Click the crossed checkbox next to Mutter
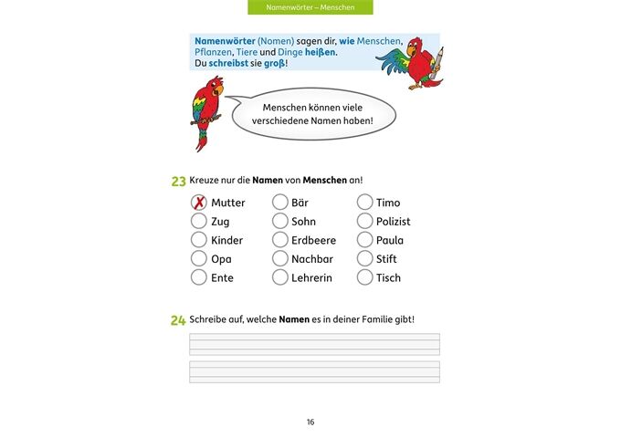(198, 203)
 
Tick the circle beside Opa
(198, 259)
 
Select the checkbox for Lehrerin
(279, 277)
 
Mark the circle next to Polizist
(364, 221)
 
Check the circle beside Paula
(364, 240)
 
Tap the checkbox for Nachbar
(279, 259)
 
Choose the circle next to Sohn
(279, 221)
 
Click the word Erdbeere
(313, 241)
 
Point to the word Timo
(388, 203)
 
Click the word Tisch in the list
(388, 278)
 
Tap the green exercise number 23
(178, 182)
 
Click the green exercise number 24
(178, 320)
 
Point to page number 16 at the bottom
(310, 422)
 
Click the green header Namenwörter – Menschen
(310, 7)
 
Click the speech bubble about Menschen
(312, 114)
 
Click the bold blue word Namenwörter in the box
(224, 41)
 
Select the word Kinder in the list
(226, 241)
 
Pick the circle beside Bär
(279, 203)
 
